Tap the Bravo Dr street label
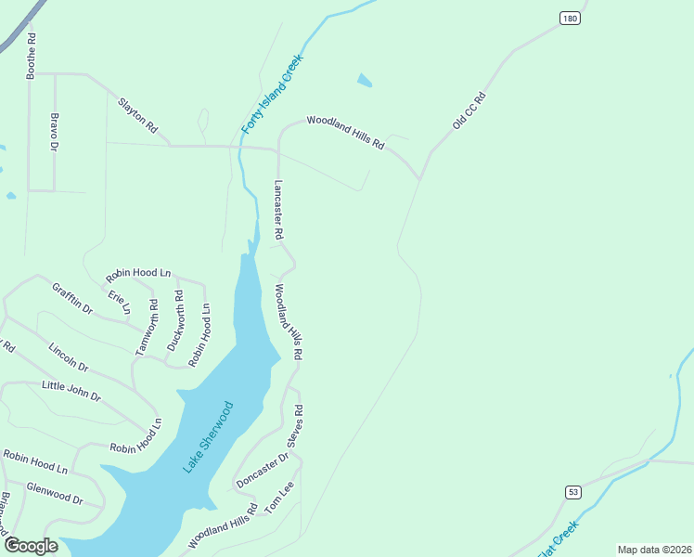point(54,133)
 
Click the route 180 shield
point(570,18)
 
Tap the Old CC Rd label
point(469,110)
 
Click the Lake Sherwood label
point(208,437)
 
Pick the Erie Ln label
point(119,302)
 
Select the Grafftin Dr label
point(72,298)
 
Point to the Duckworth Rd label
point(174,320)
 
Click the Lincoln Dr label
point(68,356)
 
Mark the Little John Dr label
point(71,390)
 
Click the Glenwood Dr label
point(54,493)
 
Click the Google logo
point(31,545)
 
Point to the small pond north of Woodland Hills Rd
point(365,81)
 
